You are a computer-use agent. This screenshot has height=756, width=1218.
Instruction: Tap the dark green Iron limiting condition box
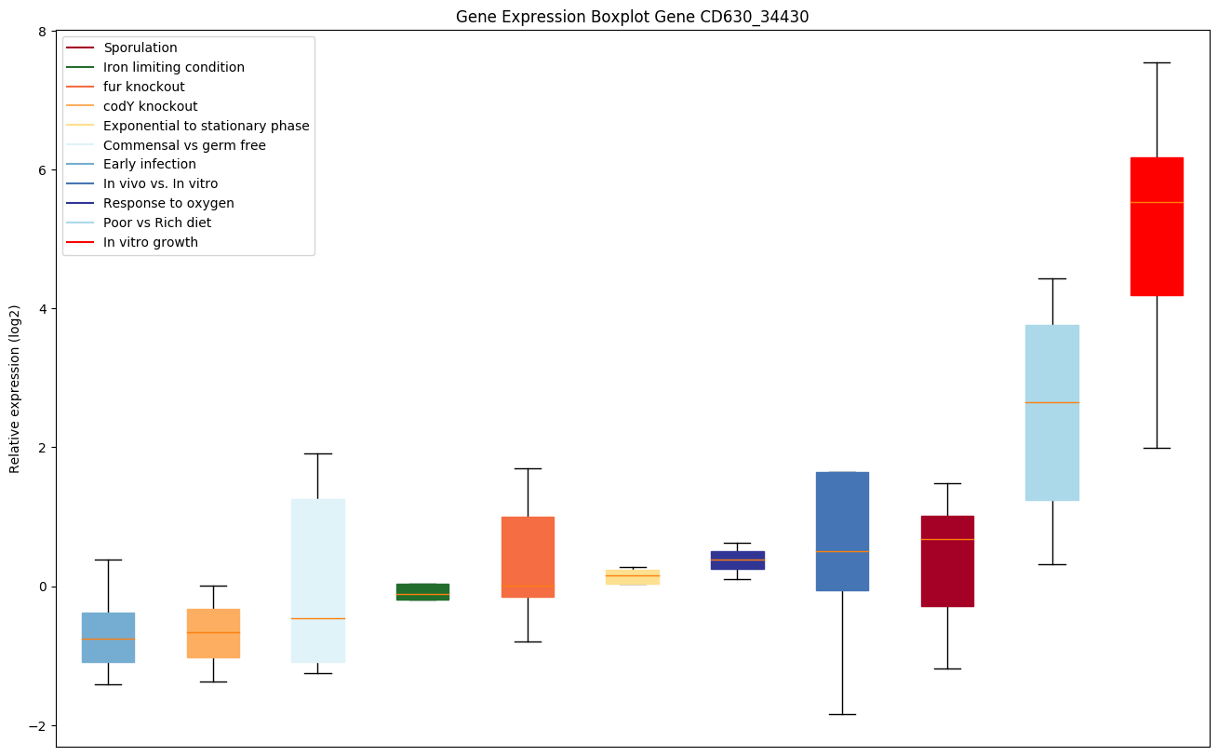[422, 591]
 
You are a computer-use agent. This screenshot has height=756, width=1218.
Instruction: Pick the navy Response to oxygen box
[737, 560]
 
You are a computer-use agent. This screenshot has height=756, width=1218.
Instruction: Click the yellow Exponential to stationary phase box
[632, 577]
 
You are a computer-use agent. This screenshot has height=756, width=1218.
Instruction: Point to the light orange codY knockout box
[213, 633]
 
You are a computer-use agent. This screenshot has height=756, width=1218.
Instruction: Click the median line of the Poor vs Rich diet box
[1051, 402]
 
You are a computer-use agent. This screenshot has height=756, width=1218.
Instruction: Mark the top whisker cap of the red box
[1157, 62]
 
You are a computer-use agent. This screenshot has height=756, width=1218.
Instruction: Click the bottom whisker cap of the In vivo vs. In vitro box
[842, 714]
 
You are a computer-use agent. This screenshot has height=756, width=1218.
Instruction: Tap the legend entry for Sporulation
[141, 47]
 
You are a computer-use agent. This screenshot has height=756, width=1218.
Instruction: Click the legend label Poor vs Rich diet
[157, 223]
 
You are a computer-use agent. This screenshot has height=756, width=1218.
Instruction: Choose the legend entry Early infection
[150, 165]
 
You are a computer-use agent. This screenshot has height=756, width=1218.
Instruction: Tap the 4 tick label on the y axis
[42, 309]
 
